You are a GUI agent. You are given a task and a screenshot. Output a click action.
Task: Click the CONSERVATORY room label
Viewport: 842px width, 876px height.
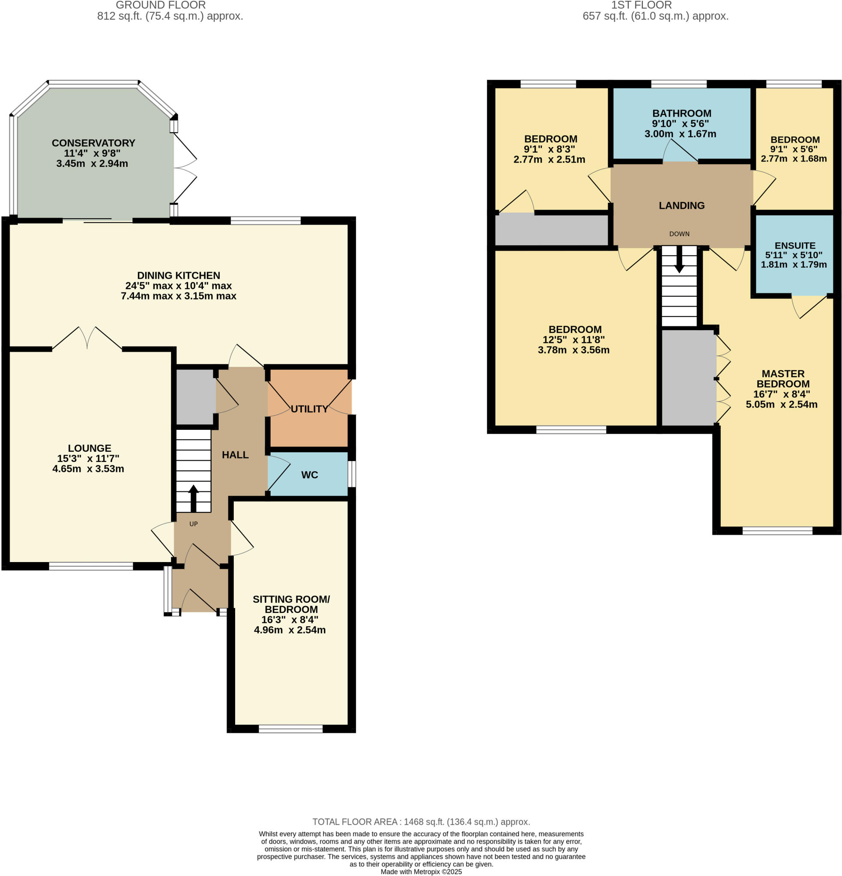coord(93,143)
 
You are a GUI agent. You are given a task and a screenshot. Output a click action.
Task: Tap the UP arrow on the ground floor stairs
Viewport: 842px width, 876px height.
coord(193,498)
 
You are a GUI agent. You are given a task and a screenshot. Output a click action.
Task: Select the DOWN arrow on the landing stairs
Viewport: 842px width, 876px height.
coord(679,260)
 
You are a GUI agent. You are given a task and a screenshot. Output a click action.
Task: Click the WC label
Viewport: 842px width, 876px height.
coord(309,475)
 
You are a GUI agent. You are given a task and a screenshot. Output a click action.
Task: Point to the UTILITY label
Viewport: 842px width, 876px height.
coord(309,409)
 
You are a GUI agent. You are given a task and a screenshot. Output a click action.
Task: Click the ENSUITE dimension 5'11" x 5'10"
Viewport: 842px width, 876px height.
coord(793,255)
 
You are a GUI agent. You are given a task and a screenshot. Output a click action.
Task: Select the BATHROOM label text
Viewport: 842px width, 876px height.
coord(681,113)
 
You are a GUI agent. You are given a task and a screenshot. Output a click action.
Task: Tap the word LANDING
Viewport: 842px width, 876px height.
coord(681,206)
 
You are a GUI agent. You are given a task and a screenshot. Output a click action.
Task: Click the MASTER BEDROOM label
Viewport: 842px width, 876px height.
coord(782,379)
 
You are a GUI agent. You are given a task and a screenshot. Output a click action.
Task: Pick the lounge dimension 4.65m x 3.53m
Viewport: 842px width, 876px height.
coord(88,469)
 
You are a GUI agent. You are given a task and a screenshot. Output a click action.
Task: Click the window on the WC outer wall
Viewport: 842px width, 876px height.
coord(352,474)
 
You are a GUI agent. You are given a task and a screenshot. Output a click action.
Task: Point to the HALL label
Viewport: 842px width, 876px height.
coord(235,455)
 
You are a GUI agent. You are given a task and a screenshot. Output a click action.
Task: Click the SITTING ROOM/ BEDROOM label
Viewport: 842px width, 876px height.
coord(291,604)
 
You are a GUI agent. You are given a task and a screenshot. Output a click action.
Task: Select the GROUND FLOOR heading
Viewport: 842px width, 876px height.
coord(161,6)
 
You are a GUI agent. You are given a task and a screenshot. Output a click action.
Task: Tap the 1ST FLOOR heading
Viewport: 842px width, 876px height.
coord(641,6)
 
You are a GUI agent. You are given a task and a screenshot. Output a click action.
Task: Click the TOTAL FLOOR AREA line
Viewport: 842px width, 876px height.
coord(421,822)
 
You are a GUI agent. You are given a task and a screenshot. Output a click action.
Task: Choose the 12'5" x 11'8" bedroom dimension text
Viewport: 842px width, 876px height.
coord(573,340)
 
